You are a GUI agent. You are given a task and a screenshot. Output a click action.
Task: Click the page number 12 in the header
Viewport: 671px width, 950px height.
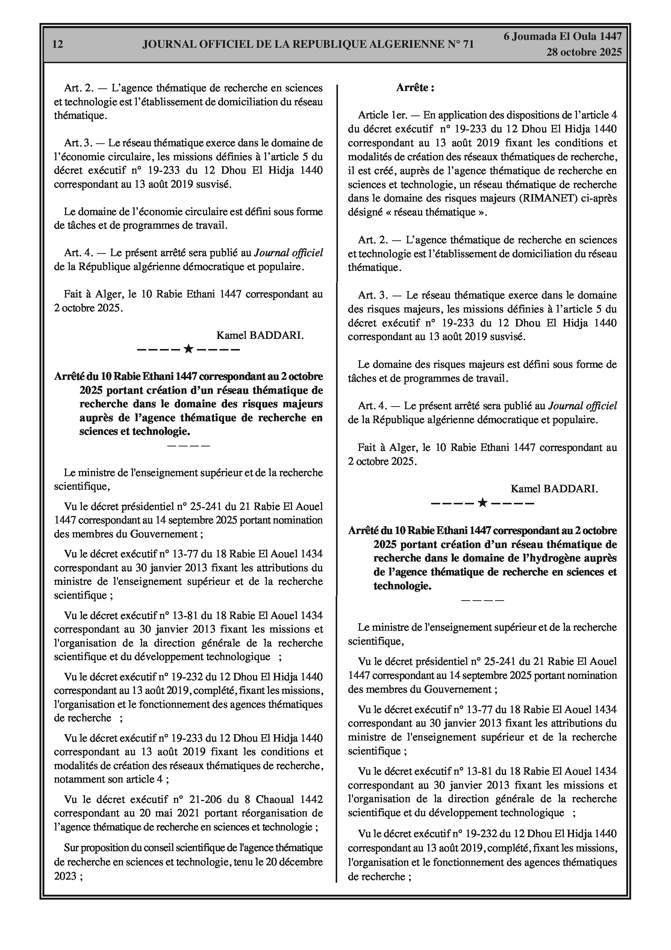pos(58,44)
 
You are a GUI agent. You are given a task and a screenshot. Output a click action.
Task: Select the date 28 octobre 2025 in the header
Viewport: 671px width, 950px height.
pos(584,52)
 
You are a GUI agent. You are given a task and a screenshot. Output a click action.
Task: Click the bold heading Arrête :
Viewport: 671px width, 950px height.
pos(415,88)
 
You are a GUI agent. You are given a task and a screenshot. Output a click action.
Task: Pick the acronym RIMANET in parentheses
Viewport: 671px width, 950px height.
pos(548,198)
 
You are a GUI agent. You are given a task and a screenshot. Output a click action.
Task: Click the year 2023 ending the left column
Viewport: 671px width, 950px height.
pos(65,876)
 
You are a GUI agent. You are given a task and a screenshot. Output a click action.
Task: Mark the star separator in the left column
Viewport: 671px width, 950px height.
pos(188,349)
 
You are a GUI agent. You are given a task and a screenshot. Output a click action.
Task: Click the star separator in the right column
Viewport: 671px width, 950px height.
pos(482,503)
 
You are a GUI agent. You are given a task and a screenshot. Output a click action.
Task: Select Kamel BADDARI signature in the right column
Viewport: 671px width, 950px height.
pos(554,489)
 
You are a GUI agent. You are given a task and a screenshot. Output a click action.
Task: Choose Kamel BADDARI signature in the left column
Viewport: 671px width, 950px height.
pos(260,335)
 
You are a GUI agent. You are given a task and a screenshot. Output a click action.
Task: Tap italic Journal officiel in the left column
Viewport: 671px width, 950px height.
pos(288,253)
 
